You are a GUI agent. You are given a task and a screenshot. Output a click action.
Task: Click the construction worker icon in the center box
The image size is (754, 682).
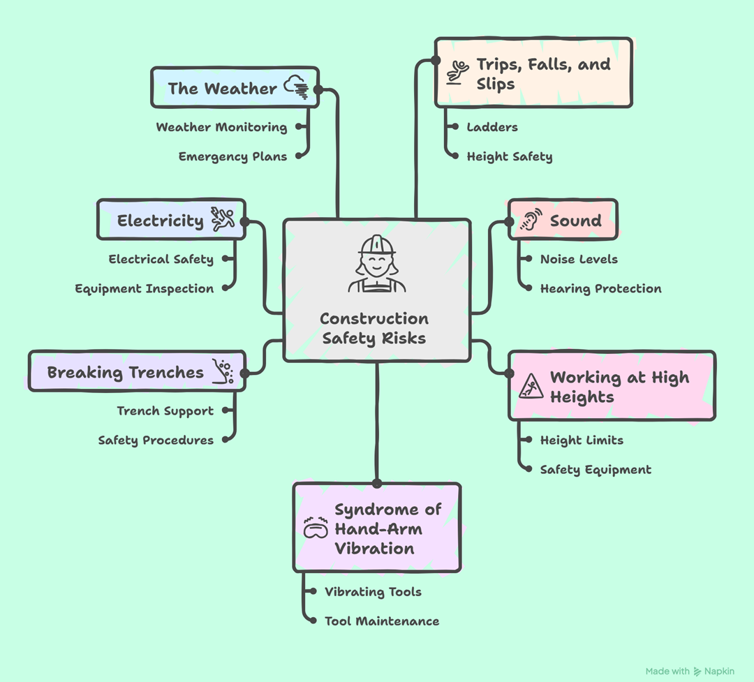(x=376, y=264)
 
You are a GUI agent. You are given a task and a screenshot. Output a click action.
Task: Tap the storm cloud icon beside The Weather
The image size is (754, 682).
(x=296, y=87)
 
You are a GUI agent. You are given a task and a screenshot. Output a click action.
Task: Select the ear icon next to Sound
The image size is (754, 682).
(x=531, y=221)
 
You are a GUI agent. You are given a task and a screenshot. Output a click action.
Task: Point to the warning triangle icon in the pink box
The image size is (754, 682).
(x=531, y=386)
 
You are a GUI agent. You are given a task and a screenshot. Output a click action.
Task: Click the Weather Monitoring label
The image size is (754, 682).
(x=221, y=127)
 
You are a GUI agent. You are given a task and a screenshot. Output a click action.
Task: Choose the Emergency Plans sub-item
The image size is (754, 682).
(x=232, y=156)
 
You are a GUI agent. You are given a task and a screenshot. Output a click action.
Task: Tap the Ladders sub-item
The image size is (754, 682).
(x=492, y=127)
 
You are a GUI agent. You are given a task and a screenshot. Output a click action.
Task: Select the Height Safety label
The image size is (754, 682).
(x=510, y=156)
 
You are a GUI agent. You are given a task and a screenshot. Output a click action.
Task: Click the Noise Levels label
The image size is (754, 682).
(x=579, y=259)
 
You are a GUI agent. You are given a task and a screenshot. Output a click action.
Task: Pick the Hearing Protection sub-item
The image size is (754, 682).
(x=600, y=288)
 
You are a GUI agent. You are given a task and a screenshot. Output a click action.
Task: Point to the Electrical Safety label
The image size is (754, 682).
(x=161, y=259)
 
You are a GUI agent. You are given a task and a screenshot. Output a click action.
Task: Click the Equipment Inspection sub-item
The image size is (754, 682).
(x=145, y=288)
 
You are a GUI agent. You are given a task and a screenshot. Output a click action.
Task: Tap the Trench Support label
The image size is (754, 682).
(x=165, y=410)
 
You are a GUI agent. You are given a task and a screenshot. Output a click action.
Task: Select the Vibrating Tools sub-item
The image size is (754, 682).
(x=373, y=592)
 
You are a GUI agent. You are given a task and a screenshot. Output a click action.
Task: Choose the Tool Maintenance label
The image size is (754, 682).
(x=382, y=621)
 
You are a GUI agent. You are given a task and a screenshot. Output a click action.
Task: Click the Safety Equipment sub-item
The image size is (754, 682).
(x=596, y=470)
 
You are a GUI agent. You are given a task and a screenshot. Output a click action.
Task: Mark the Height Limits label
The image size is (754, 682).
(x=582, y=440)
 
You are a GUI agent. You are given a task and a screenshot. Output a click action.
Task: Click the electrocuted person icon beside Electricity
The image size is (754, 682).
(x=223, y=219)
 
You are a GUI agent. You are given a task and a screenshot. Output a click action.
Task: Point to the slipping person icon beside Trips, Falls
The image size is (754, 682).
(x=457, y=73)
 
